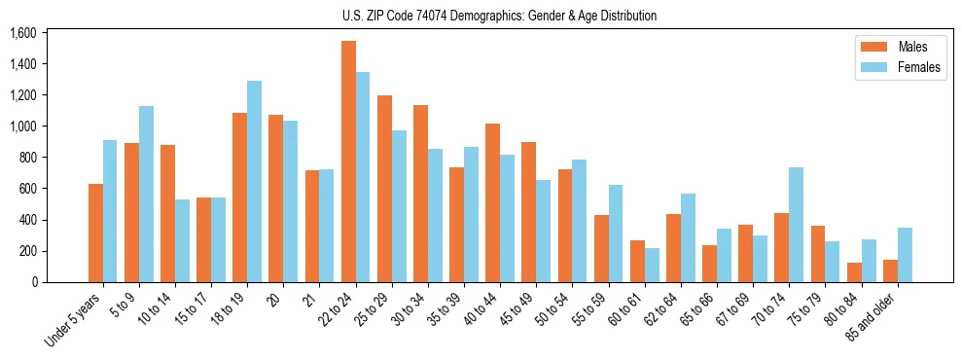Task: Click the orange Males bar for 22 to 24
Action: [348, 162]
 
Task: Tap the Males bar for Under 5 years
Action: [95, 233]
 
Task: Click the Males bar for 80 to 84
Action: [854, 272]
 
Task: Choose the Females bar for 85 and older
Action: [905, 255]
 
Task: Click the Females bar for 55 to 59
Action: [616, 234]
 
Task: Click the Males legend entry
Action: [899, 48]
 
